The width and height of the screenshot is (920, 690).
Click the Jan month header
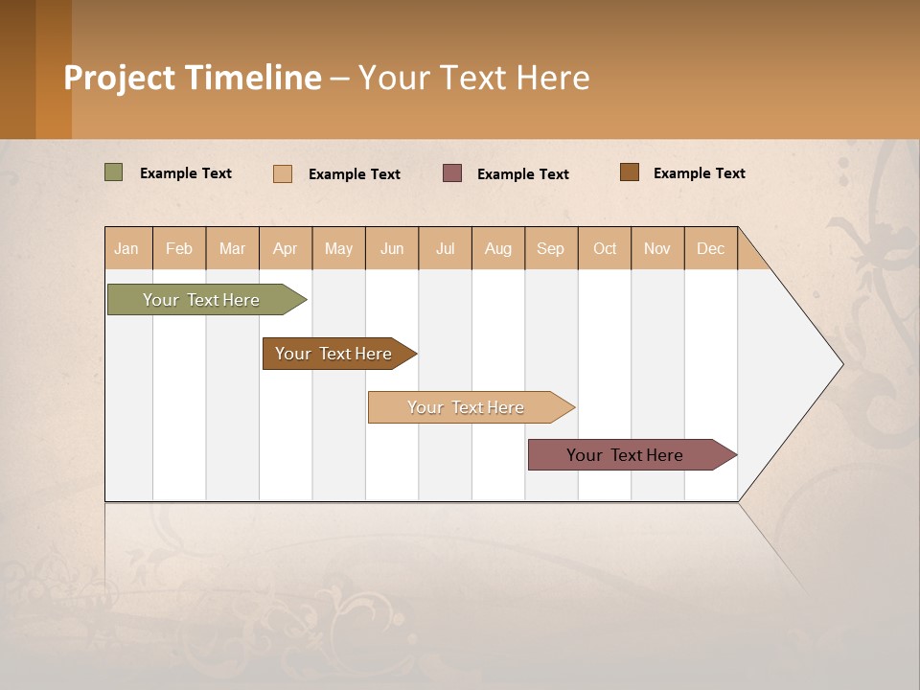click(x=126, y=248)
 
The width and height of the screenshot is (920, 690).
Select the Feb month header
click(x=179, y=248)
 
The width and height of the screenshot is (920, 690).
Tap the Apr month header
click(x=286, y=248)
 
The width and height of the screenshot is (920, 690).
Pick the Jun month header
click(x=392, y=248)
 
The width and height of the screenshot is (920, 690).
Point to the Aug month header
click(x=498, y=248)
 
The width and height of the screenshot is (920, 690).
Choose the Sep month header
click(x=550, y=248)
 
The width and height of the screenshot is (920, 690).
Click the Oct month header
click(x=605, y=248)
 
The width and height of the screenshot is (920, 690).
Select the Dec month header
click(x=710, y=248)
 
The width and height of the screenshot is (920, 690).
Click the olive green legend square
click(x=114, y=172)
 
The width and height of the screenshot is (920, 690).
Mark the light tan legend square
click(x=283, y=173)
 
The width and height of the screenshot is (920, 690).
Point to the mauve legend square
click(x=452, y=172)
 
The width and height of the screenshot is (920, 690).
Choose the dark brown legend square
click(x=630, y=172)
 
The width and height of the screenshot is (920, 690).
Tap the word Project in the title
click(x=119, y=78)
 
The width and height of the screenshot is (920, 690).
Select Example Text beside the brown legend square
click(x=699, y=173)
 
